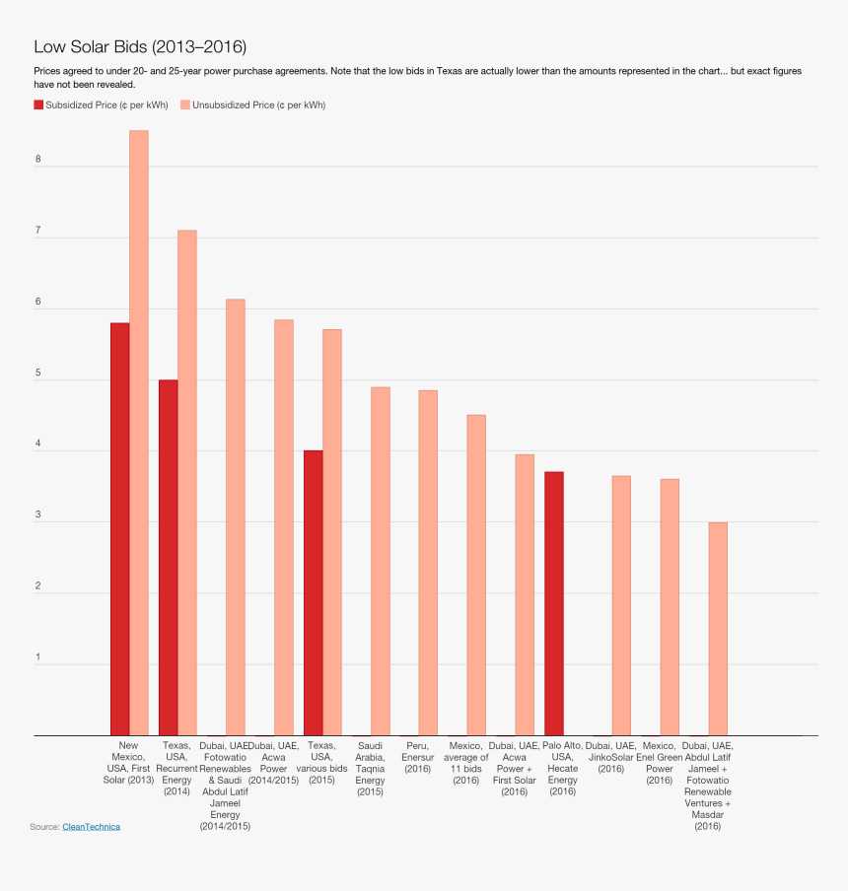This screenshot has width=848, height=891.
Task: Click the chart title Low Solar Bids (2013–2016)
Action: [140, 46]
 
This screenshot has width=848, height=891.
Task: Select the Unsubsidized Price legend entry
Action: [252, 104]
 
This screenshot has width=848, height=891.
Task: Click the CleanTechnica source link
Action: [91, 827]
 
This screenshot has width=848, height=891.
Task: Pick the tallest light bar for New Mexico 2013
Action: [139, 434]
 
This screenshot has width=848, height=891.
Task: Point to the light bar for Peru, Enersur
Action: [428, 563]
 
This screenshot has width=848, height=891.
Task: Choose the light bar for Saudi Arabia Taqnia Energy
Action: [380, 561]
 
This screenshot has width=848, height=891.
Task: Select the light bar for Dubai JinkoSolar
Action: [621, 605]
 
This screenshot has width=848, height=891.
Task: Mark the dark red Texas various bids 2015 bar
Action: [313, 592]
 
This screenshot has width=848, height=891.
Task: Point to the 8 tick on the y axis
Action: [37, 160]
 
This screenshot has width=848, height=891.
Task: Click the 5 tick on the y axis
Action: [37, 374]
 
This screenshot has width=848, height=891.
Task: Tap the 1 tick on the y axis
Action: [37, 657]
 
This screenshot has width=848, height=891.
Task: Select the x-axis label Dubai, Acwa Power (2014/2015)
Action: [274, 763]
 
